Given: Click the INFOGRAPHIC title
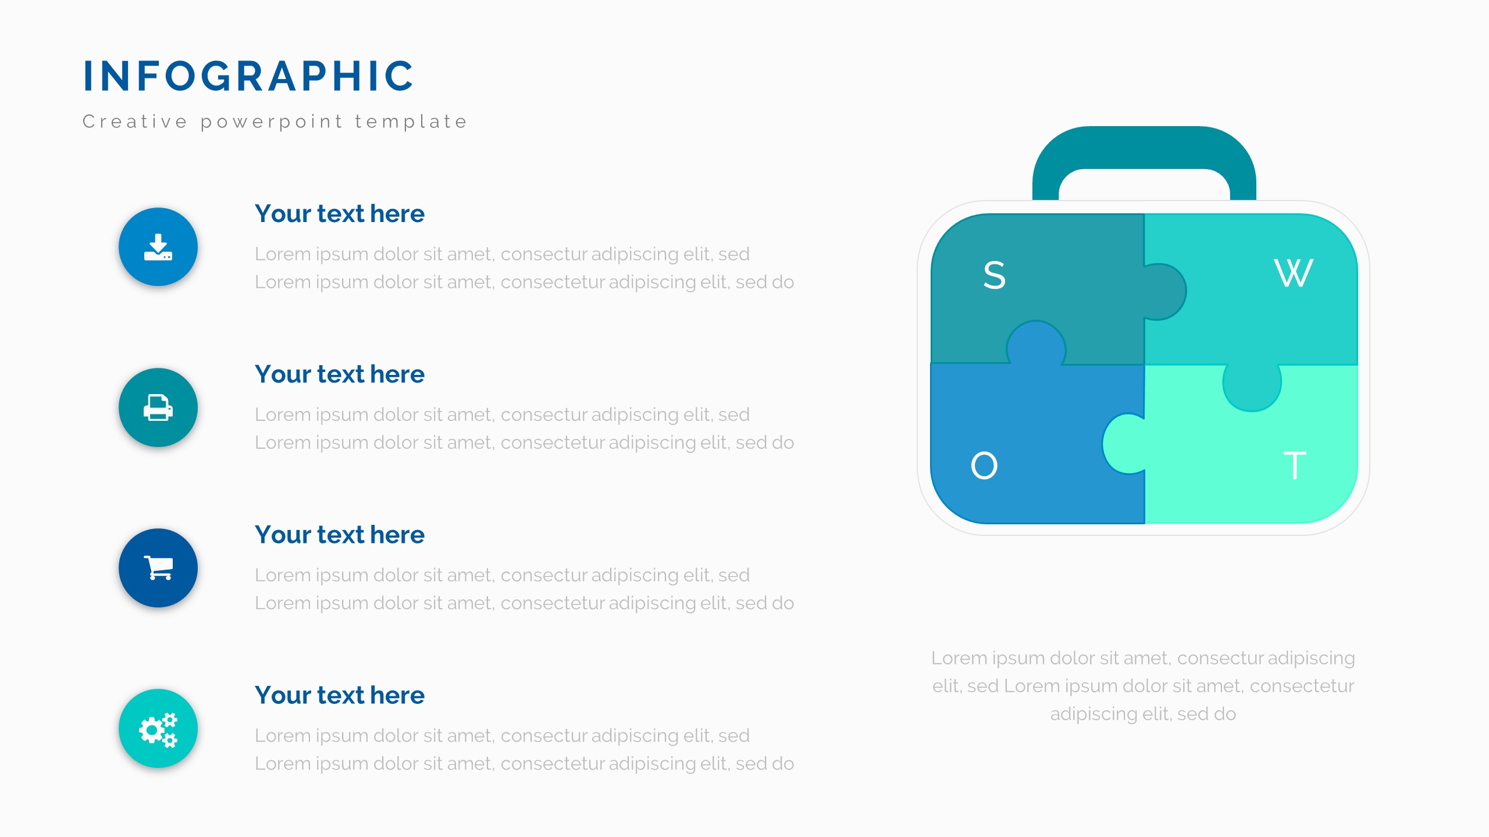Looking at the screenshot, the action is [248, 76].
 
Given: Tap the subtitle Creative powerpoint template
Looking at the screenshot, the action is [275, 121].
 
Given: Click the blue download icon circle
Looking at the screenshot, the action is [158, 247].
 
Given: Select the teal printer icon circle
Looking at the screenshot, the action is [158, 407].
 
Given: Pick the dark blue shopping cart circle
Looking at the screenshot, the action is [158, 568].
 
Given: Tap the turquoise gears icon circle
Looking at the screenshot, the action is [158, 728].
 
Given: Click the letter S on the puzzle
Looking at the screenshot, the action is [994, 275].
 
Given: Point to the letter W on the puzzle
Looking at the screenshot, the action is [1294, 273].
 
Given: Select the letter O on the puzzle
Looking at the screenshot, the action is [984, 466].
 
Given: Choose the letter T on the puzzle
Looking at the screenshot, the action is [1295, 466].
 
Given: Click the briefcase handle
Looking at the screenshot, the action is [1144, 145].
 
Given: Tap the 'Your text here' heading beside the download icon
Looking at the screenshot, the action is [340, 214].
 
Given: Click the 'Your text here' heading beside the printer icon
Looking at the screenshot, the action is [340, 374].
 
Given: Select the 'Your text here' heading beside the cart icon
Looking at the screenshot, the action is [340, 535].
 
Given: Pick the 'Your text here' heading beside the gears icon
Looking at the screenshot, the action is [340, 695].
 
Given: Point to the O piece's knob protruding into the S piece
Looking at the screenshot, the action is [1036, 343].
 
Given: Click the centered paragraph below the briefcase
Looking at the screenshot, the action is [1144, 686].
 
